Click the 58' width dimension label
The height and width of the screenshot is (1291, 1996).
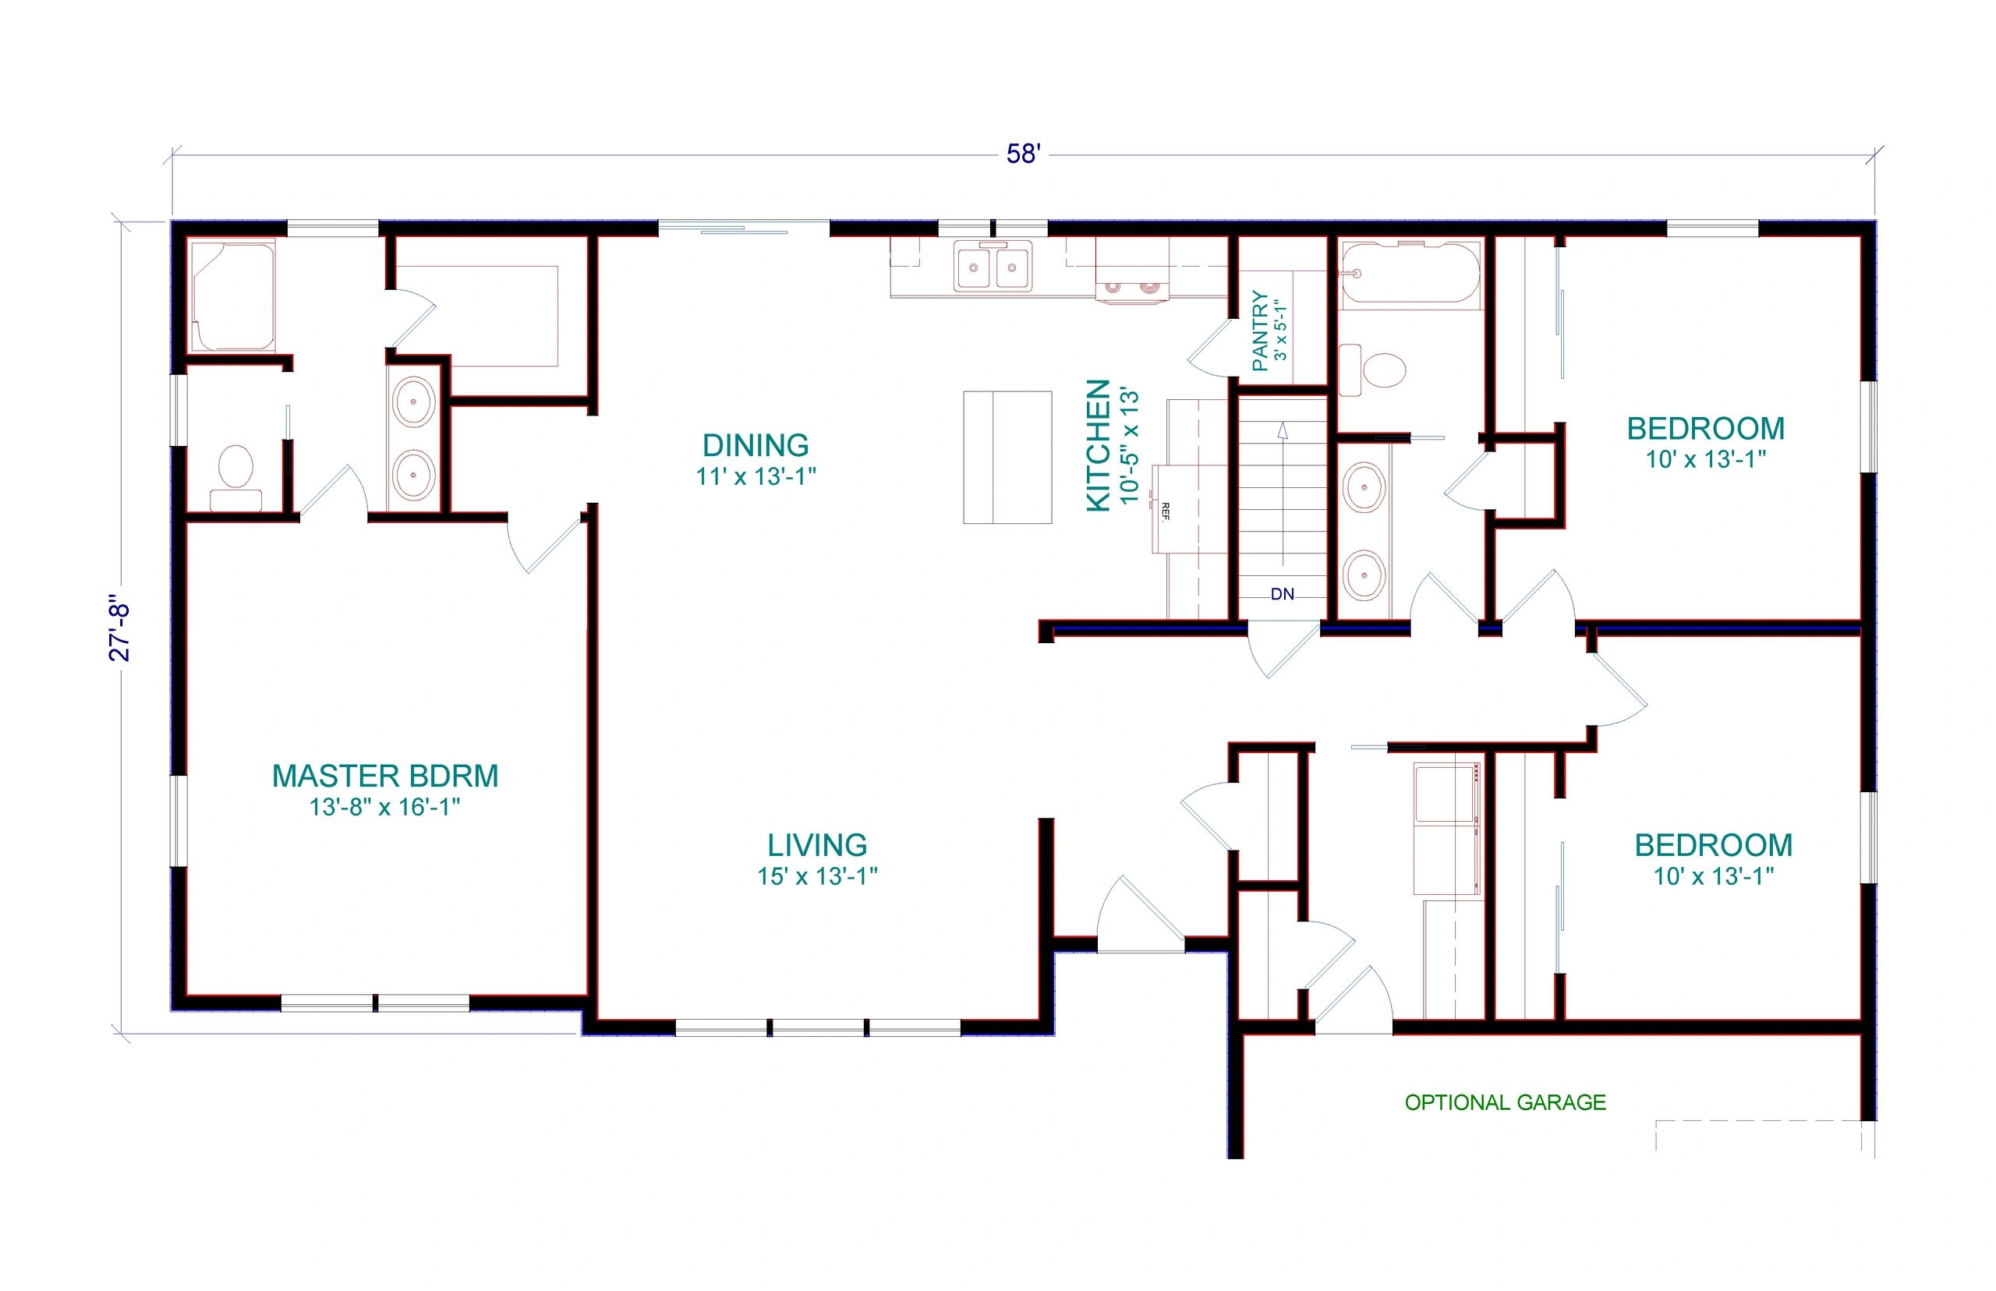pyautogui.click(x=1023, y=154)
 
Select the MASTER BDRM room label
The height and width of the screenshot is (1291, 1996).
pyautogui.click(x=385, y=776)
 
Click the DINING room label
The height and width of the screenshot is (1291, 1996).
pyautogui.click(x=756, y=445)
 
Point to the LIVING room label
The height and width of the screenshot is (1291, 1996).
pyautogui.click(x=817, y=845)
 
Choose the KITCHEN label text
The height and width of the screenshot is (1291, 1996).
pyautogui.click(x=1098, y=445)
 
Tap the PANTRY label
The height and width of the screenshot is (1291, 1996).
pyautogui.click(x=1259, y=331)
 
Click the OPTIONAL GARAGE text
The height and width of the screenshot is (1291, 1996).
pyautogui.click(x=1506, y=1102)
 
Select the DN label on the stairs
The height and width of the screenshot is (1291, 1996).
pyautogui.click(x=1283, y=594)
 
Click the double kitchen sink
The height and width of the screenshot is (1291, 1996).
pyautogui.click(x=993, y=267)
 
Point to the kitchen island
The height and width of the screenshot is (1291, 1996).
pyautogui.click(x=1007, y=458)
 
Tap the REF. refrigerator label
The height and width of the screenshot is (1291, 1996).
pyautogui.click(x=1164, y=511)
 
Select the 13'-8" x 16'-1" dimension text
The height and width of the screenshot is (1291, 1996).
pyautogui.click(x=385, y=808)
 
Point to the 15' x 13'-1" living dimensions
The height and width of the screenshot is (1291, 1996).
pyautogui.click(x=817, y=877)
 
